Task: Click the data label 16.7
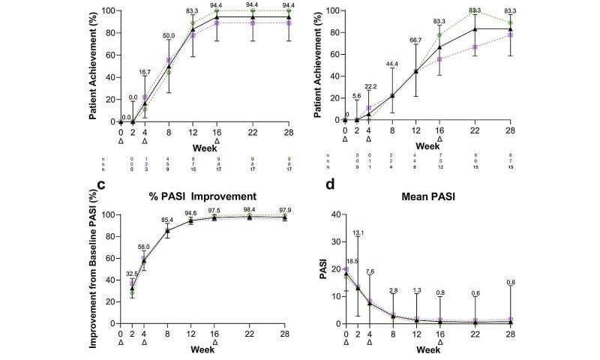coord(145,71)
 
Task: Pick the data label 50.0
coord(168,34)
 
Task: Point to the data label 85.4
coord(168,220)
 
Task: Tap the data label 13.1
coord(358,232)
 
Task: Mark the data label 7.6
coord(369,271)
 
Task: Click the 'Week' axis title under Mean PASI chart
coord(428,349)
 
